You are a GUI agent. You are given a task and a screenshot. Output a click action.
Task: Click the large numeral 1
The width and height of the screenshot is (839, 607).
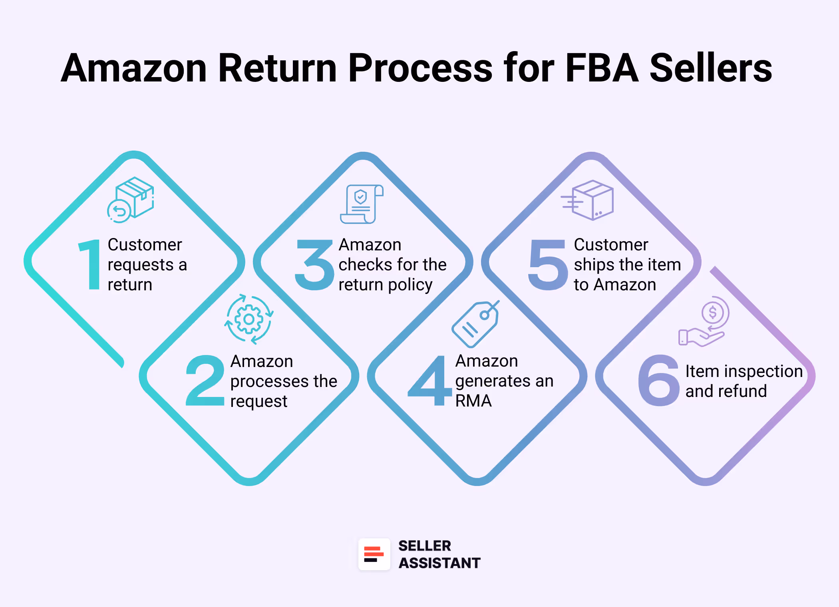[91, 264]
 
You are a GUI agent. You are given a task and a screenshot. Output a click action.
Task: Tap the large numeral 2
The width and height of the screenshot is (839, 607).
[205, 381]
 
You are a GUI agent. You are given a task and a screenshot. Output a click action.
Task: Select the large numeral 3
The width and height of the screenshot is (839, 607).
[315, 264]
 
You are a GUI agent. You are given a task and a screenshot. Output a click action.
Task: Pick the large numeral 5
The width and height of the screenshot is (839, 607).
[548, 264]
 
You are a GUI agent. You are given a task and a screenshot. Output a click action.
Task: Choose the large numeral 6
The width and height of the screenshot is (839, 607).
[659, 381]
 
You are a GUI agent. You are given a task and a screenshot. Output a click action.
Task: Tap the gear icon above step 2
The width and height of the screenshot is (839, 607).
[249, 319]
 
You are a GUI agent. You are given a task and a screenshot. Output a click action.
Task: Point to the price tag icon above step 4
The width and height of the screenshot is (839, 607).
[475, 323]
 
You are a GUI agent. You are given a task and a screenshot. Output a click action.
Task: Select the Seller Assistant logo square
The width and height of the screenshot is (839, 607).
[374, 554]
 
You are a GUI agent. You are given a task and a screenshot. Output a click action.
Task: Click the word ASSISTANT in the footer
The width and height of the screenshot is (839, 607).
[439, 563]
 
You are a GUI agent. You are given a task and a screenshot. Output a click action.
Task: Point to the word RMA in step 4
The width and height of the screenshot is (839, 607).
[473, 401]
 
